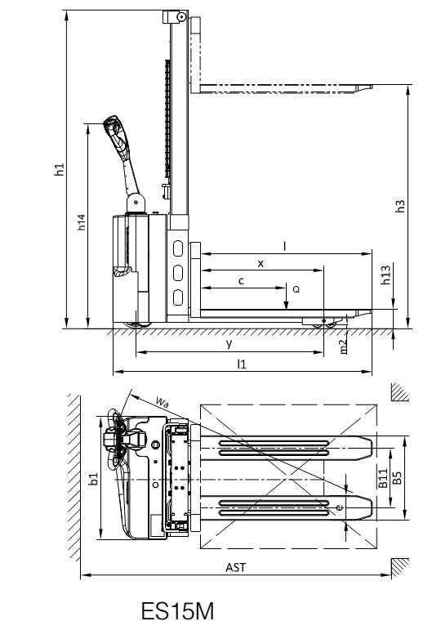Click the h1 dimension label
click(x=60, y=169)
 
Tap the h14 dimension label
click(x=82, y=222)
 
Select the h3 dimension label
click(x=400, y=206)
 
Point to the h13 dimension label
click(x=385, y=275)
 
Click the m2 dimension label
click(x=343, y=346)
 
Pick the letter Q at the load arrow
click(x=296, y=289)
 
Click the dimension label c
click(x=241, y=281)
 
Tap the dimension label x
click(x=261, y=264)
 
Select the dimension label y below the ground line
click(x=229, y=343)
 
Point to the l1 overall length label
click(x=242, y=364)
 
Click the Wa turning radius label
click(x=162, y=402)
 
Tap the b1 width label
click(x=94, y=479)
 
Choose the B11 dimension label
click(x=383, y=478)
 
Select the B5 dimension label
click(x=397, y=478)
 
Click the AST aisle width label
click(x=236, y=567)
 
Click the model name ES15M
click(x=177, y=611)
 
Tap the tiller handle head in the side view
click(x=114, y=127)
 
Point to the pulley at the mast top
click(x=180, y=16)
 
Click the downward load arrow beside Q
click(x=287, y=297)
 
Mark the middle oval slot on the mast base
click(x=178, y=273)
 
